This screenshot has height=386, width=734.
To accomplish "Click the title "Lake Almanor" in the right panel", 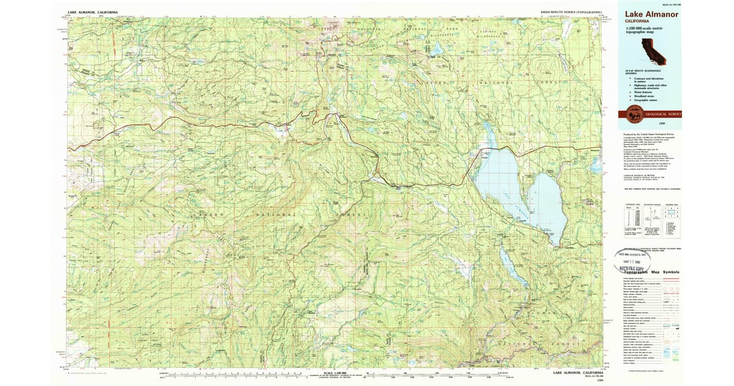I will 651,14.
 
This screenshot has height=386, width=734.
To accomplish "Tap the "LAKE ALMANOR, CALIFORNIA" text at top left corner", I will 93,12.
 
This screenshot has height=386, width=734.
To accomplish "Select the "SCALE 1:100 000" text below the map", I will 336,373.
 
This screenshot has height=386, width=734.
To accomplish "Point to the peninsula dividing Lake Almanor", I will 523,190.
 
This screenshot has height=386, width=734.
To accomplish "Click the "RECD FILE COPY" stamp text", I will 636,267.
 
